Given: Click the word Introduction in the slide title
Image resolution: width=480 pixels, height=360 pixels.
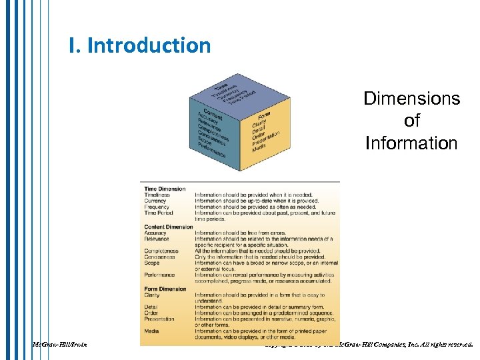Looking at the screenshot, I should (149, 46).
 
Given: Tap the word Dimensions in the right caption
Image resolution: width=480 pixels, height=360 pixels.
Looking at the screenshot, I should (411, 99).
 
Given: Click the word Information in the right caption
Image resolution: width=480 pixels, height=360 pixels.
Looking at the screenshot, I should (411, 143).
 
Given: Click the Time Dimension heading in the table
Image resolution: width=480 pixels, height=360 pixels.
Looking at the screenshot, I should (165, 189).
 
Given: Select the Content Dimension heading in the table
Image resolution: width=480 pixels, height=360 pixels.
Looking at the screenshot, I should (169, 227).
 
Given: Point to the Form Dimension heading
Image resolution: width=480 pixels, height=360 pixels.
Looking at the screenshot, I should (165, 289).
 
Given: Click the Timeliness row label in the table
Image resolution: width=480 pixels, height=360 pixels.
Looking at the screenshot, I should (157, 195).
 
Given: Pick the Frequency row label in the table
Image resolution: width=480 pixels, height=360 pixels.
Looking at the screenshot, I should (157, 207).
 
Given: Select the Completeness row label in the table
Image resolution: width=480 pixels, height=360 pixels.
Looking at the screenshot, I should (161, 251).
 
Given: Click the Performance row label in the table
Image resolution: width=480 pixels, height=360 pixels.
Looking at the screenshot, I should (160, 275).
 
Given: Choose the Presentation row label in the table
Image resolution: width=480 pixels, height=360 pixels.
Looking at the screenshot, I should (159, 319).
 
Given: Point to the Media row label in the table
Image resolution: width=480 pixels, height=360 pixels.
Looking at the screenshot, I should (151, 331).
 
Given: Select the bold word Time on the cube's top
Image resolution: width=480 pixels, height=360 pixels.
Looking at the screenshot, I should (219, 85).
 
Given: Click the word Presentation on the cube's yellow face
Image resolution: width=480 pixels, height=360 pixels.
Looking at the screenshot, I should (264, 139).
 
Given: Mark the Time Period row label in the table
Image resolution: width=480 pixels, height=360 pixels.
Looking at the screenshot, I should (159, 213).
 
